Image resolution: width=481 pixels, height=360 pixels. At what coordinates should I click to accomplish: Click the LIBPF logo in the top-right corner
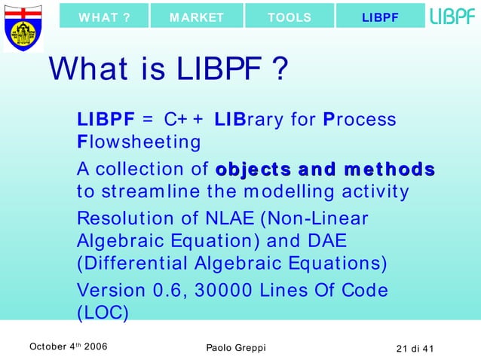coord(452,16)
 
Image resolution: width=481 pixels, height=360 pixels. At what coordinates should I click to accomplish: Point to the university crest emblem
coord(23,26)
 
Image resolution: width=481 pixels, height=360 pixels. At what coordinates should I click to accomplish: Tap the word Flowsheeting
coord(139,142)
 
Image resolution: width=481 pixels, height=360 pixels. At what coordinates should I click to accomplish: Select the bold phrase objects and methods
coord(325,169)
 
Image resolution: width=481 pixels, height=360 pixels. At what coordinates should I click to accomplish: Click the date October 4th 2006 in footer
coord(67,346)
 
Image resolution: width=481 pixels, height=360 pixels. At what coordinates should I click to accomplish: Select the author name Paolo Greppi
coord(235,346)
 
